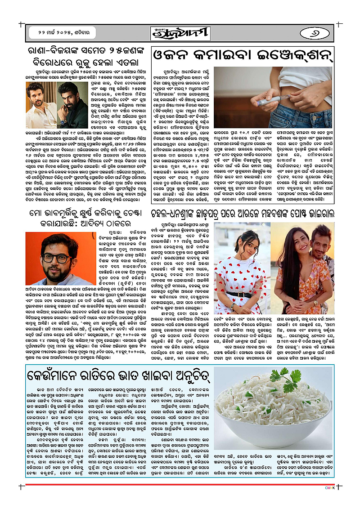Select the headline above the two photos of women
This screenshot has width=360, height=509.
(243, 214)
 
